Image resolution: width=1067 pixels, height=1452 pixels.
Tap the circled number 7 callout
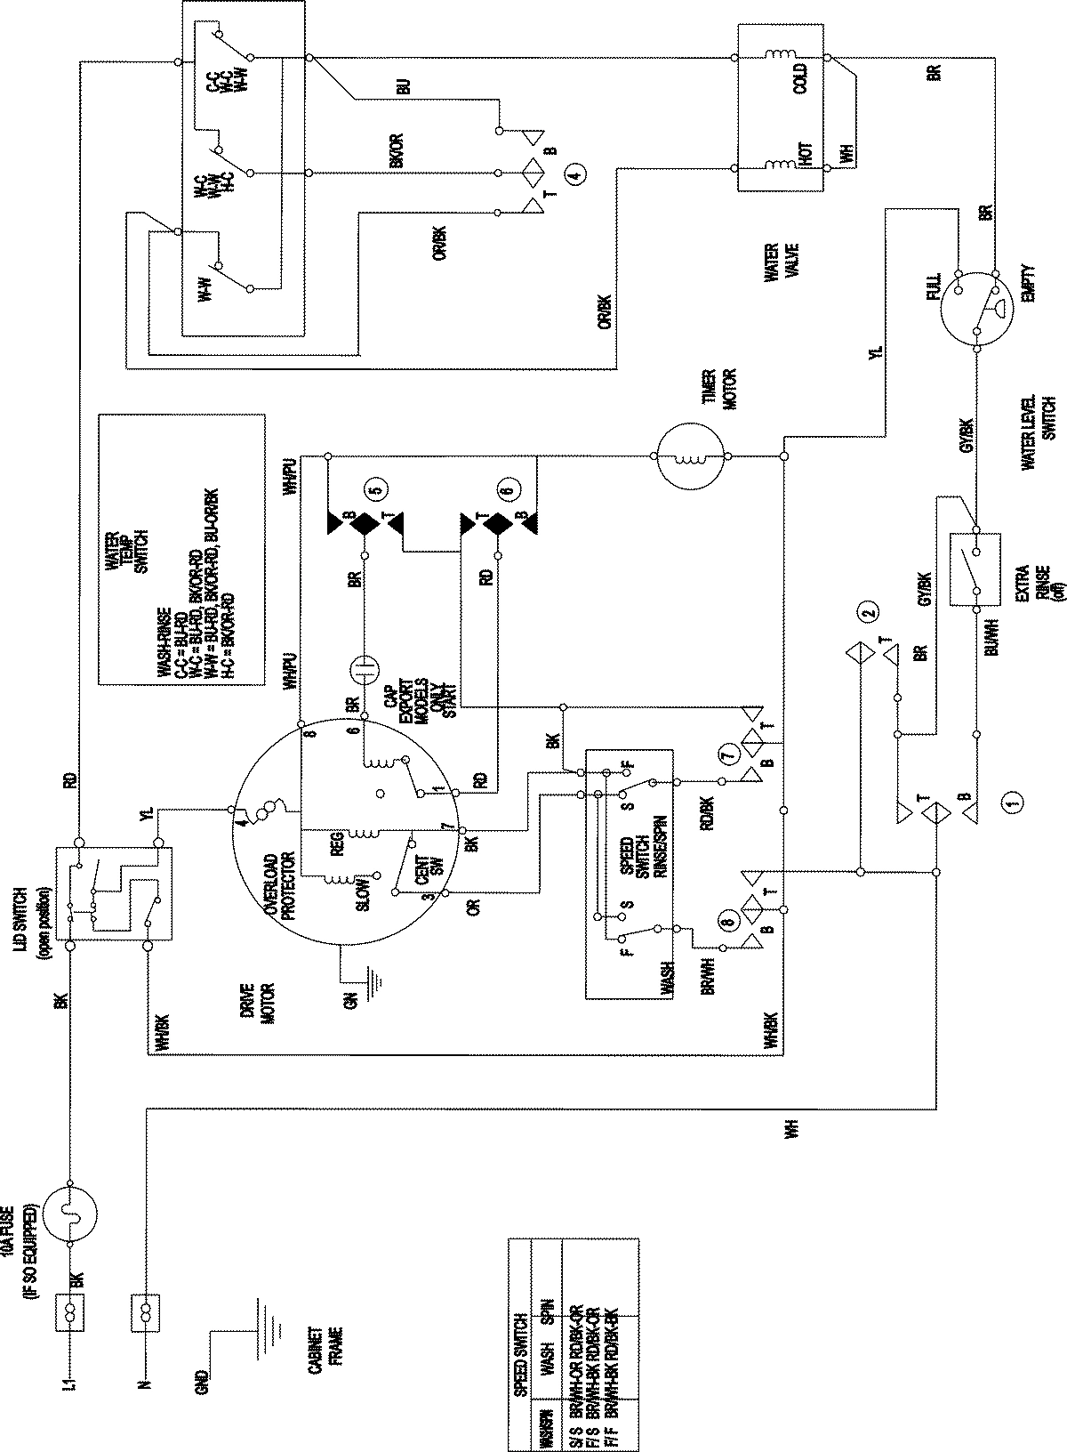point(729,756)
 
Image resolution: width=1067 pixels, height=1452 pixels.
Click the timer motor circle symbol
point(692,457)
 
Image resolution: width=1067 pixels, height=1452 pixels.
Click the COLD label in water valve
point(801,79)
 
